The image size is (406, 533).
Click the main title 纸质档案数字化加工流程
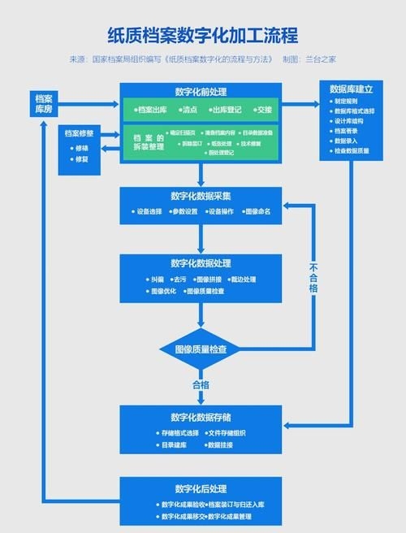coord(203,36)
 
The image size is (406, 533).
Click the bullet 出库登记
coord(230,109)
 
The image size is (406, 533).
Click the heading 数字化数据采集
coord(201,196)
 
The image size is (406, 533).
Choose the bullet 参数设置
coord(183,211)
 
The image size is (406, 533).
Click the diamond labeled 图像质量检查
coord(201,349)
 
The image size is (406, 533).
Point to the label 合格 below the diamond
coord(201,384)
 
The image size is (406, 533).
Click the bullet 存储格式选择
coord(178,433)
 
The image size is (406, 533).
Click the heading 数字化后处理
coord(201,488)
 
